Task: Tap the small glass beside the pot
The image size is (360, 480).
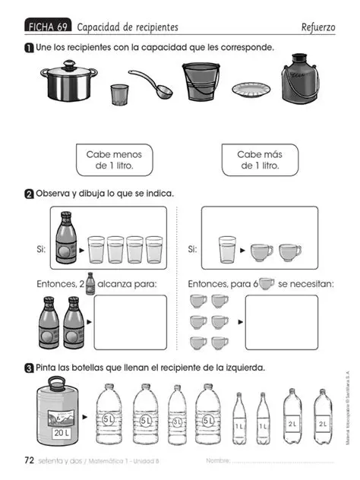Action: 119,94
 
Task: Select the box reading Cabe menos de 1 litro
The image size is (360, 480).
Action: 114,159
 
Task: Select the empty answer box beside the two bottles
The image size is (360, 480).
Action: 130,322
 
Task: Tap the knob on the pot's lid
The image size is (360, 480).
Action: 68,64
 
